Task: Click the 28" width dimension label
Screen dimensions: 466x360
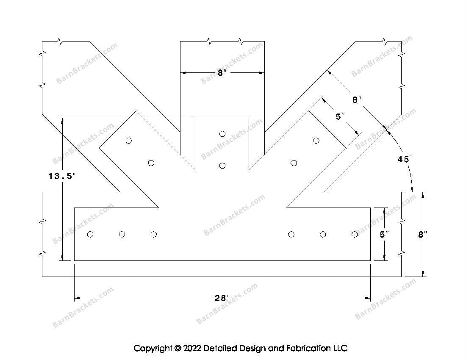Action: pos(222,298)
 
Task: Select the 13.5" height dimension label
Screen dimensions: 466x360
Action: pos(62,176)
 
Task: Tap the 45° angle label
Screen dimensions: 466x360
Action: pos(405,159)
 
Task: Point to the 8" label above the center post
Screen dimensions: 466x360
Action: pos(222,73)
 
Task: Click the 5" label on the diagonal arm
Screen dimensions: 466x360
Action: pos(340,117)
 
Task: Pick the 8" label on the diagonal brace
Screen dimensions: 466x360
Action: pos(357,100)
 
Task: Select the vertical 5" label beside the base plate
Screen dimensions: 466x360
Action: pos(384,234)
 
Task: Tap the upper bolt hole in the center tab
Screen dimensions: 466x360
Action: pos(222,134)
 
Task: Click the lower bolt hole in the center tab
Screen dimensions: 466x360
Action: pos(222,166)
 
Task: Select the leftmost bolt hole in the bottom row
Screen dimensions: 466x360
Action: pos(90,235)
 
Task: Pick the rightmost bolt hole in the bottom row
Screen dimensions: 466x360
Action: pos(355,235)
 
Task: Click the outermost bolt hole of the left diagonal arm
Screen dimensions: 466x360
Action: pos(129,141)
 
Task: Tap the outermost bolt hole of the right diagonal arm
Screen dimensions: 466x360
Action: pos(316,141)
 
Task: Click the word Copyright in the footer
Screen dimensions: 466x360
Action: pos(153,348)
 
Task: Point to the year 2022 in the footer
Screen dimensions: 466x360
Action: pos(192,348)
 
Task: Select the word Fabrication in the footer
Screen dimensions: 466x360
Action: pos(308,348)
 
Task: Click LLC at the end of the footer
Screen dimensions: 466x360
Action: pos(340,348)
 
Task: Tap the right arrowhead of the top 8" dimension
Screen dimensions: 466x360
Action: pos(261,72)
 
